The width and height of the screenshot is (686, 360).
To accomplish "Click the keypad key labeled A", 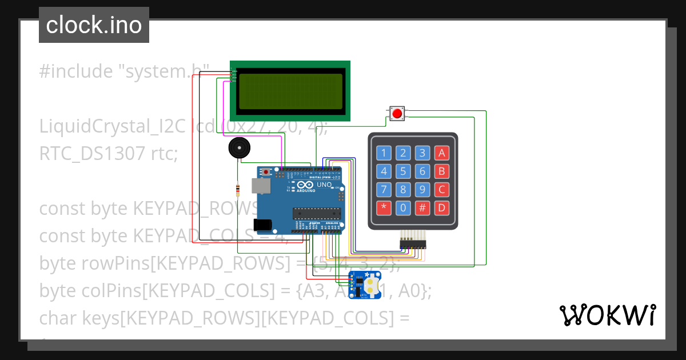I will [x=441, y=153].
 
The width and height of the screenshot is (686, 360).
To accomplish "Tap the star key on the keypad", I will [x=384, y=207].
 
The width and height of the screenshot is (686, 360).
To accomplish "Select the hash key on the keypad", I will [x=422, y=207].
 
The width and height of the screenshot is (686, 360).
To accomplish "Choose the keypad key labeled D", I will [x=441, y=207].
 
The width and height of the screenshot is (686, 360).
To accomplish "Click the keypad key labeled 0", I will [x=403, y=207].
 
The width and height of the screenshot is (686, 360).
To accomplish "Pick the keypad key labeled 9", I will [x=422, y=189].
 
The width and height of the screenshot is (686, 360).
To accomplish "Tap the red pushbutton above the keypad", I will [x=397, y=113].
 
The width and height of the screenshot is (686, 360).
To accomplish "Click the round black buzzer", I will [x=239, y=149].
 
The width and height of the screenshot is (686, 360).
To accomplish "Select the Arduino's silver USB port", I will [x=262, y=186].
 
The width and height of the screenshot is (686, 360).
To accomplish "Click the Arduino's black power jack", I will [x=262, y=225].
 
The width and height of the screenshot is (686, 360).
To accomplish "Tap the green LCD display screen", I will [x=290, y=91].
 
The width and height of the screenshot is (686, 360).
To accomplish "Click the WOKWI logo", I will [x=607, y=315].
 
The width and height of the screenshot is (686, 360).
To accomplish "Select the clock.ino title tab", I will [x=94, y=25].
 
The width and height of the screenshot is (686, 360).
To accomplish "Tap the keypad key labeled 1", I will [x=384, y=153].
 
